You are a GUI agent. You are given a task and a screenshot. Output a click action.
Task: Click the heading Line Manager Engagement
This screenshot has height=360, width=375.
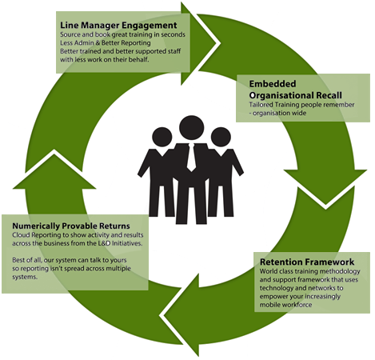point(118,26)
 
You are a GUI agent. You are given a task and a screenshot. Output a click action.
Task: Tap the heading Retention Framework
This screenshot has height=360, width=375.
point(307,262)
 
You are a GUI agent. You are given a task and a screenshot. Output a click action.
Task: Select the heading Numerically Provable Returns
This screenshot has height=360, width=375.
point(71,226)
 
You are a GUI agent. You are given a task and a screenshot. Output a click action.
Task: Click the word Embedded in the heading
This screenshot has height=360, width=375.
point(273,84)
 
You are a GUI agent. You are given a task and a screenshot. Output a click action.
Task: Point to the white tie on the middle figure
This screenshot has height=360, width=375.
point(191,158)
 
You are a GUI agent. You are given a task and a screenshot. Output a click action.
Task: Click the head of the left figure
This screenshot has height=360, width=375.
point(162,137)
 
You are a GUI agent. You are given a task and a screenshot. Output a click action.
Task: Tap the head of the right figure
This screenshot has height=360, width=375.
point(221,137)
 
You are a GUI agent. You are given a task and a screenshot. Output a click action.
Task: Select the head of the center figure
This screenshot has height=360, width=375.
point(191,127)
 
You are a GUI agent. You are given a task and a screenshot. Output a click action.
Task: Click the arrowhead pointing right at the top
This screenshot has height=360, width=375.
point(200,43)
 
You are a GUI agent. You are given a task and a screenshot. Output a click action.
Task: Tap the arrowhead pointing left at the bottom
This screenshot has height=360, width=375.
point(181,315)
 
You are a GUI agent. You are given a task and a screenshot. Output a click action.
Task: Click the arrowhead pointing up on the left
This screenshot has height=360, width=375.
point(54,170)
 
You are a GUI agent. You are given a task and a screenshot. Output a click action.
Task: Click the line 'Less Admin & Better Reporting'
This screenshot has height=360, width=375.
point(106,42)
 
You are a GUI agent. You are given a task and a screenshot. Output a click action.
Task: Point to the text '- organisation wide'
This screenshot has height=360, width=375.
point(277,113)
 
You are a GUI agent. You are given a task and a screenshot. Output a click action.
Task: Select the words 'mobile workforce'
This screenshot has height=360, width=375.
point(285,305)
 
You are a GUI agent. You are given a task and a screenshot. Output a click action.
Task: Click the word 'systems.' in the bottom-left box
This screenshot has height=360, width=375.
point(25,277)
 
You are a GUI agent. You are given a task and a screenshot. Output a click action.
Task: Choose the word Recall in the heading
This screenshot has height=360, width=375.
point(329,95)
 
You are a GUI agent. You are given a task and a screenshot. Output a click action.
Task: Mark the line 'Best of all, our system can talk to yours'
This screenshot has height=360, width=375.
point(70,260)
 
